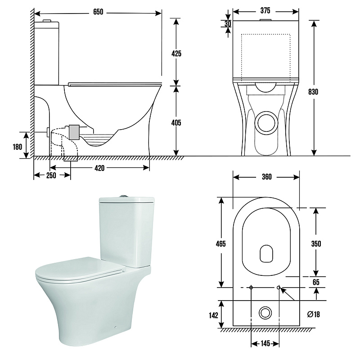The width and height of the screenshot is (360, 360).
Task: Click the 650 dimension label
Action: pyautogui.click(x=98, y=12)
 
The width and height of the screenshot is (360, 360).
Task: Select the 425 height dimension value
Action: pyautogui.click(x=176, y=54)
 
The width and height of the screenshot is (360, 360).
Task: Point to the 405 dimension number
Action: pyautogui.click(x=176, y=123)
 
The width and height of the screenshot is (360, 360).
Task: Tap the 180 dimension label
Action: pyautogui.click(x=18, y=147)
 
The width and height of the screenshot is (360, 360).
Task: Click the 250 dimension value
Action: pyautogui.click(x=51, y=175)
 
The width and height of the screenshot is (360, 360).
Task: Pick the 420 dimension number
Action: pyautogui.click(x=99, y=168)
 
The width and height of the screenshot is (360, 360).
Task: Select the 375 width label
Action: pyautogui.click(x=265, y=10)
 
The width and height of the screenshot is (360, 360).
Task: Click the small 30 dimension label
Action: pyautogui.click(x=228, y=23)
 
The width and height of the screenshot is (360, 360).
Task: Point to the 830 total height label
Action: pyautogui.click(x=313, y=92)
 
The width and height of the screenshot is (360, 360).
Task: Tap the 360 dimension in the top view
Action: pyautogui.click(x=267, y=177)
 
